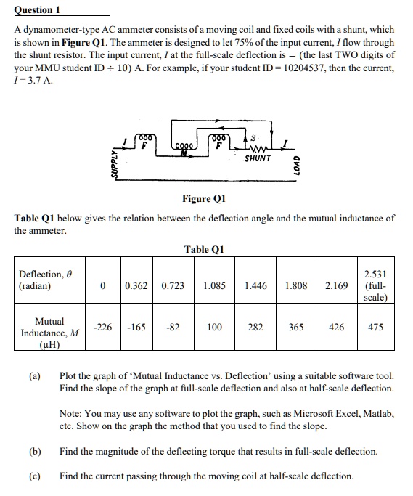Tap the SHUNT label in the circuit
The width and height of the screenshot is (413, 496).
[258, 158]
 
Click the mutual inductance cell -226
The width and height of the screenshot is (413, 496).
[104, 328]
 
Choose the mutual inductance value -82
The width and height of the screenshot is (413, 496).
[173, 328]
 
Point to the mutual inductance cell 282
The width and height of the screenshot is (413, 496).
[255, 328]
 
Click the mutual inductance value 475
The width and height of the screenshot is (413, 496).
[375, 328]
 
